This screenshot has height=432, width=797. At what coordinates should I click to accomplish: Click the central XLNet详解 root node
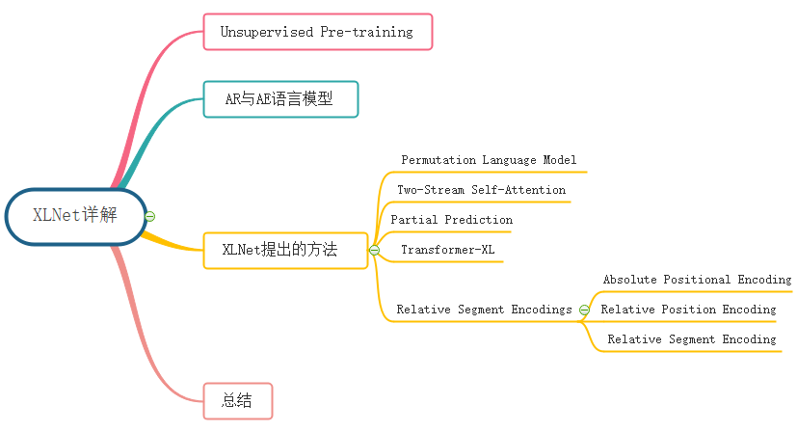pos(75,215)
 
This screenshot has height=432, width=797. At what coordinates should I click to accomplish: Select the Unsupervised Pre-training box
pos(318,32)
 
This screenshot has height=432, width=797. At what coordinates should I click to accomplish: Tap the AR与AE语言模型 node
pos(280,99)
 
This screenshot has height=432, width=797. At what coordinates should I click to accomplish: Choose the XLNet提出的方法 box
pos(284,250)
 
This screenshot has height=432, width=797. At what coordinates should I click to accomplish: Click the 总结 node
pos(237,401)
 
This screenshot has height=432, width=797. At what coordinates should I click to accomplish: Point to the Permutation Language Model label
pos(489,160)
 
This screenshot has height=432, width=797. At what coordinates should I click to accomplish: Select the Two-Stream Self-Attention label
pos(481,190)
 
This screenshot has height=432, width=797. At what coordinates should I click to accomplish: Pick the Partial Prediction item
pos(451,220)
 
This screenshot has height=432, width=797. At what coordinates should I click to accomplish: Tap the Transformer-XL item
pos(447,250)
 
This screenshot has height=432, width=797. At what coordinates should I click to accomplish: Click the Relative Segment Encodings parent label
pos(485,310)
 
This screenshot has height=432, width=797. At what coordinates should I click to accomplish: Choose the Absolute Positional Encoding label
pos(697,280)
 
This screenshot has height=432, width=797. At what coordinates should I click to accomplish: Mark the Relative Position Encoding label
pos(688,310)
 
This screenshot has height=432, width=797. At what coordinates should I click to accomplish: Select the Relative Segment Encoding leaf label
pos(691,339)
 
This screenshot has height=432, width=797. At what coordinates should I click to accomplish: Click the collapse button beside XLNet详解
pos(150,216)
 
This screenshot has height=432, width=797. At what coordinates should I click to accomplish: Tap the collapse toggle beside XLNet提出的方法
pos(375,251)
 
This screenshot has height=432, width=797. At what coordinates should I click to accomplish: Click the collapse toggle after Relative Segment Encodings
pos(584,310)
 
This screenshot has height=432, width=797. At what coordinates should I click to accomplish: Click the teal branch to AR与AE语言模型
pos(154,135)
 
